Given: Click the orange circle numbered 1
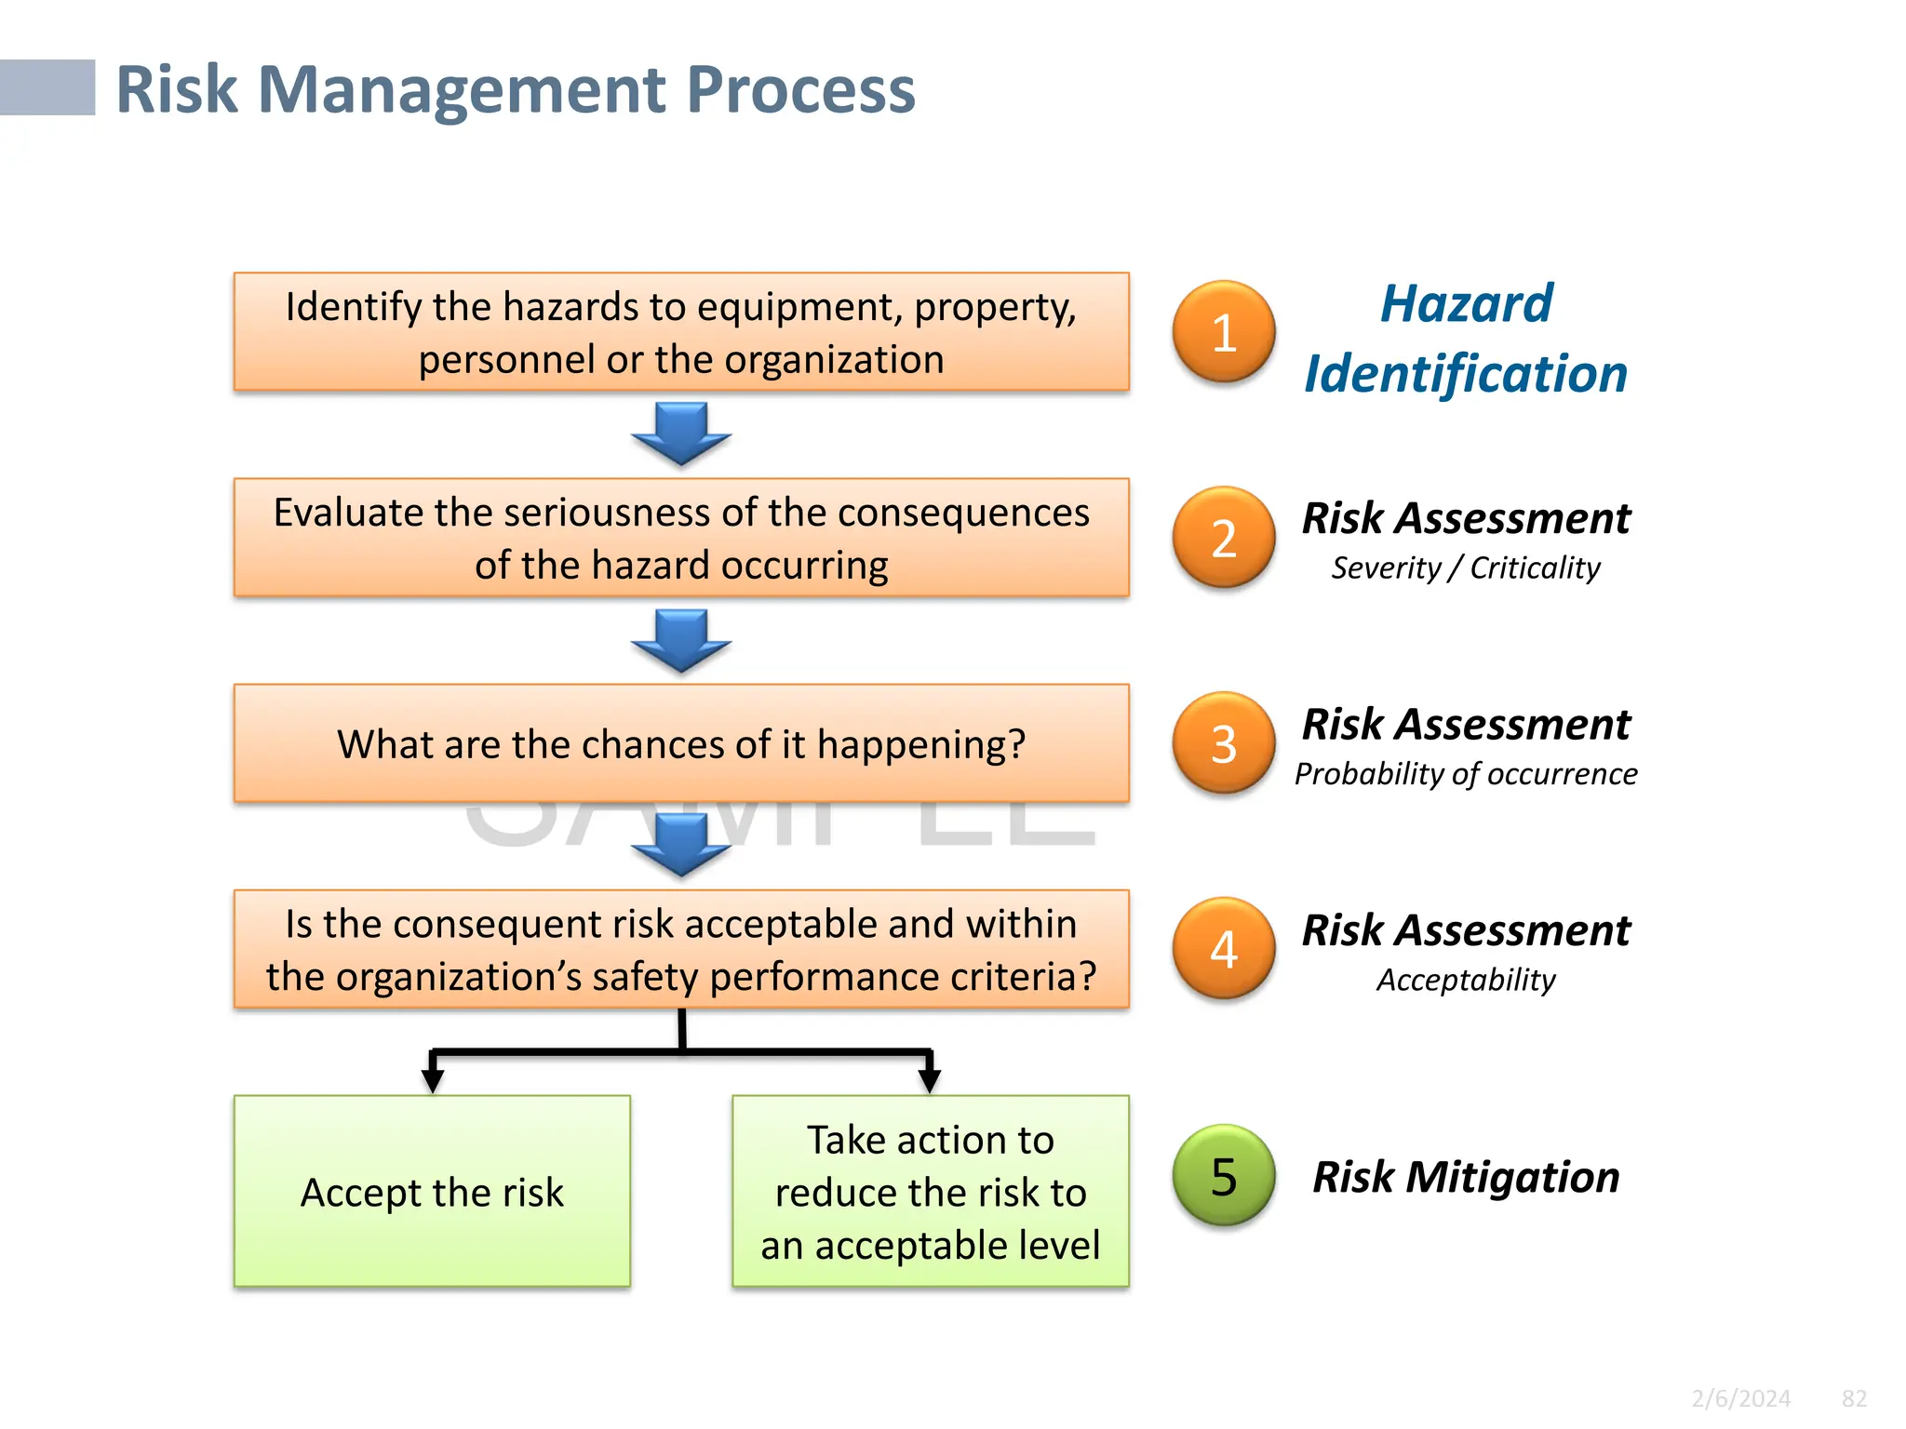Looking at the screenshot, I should tap(1224, 332).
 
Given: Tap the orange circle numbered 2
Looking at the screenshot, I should tap(1224, 538).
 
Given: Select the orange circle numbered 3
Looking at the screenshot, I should tap(1224, 743).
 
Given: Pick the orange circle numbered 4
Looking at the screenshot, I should tap(1224, 949).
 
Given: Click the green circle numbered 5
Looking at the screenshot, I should tap(1224, 1176).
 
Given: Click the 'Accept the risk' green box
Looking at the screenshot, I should tap(432, 1192).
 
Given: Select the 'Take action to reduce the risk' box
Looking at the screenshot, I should tap(930, 1192).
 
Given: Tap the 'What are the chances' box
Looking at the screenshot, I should tap(681, 743).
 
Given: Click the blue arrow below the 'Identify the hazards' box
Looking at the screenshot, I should tap(681, 434).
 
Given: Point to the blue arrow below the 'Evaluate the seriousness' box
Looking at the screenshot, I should tap(681, 640).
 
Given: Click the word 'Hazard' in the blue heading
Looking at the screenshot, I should tap(1466, 304).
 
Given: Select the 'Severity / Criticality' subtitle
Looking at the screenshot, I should tap(1466, 568).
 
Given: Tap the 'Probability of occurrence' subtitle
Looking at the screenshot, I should tap(1466, 774).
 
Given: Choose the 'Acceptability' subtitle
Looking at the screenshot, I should tap(1466, 980).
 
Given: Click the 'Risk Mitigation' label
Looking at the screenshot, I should tap(1466, 1177).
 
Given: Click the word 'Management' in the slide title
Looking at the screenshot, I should tap(462, 90).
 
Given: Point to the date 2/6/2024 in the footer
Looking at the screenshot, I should tap(1740, 1398).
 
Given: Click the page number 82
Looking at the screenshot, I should tap(1854, 1398).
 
